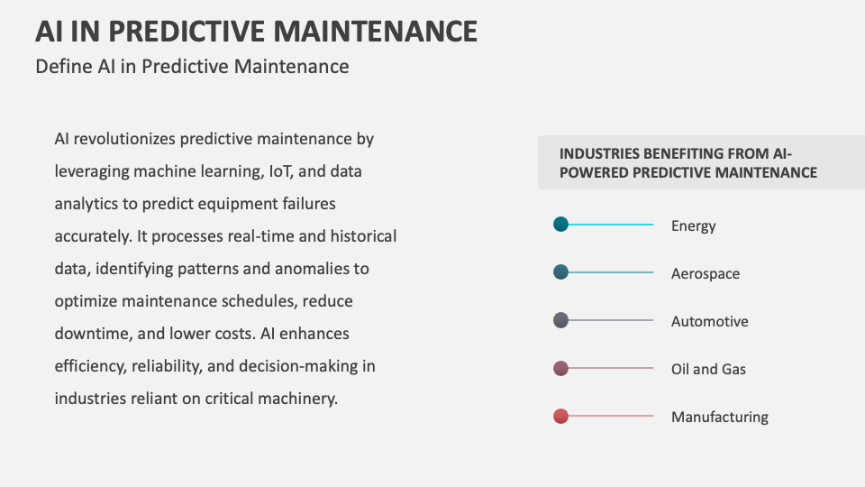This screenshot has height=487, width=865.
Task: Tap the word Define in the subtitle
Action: coord(62,66)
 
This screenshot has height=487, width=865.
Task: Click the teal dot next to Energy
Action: coord(560,225)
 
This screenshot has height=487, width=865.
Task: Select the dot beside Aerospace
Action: coord(560,272)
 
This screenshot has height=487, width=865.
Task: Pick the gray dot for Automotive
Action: coord(560,320)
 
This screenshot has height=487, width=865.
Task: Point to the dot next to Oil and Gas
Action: coord(560,368)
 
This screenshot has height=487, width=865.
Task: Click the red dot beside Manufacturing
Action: coord(560,416)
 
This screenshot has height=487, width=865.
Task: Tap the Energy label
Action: coord(693,225)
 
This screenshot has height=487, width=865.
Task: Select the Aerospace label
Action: coord(705,273)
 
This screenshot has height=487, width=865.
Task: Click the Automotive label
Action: coord(709,321)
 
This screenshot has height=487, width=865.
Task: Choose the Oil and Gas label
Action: coord(708,369)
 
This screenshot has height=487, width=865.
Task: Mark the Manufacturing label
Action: coord(719,417)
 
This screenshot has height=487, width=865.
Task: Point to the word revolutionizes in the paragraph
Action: coord(124,139)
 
